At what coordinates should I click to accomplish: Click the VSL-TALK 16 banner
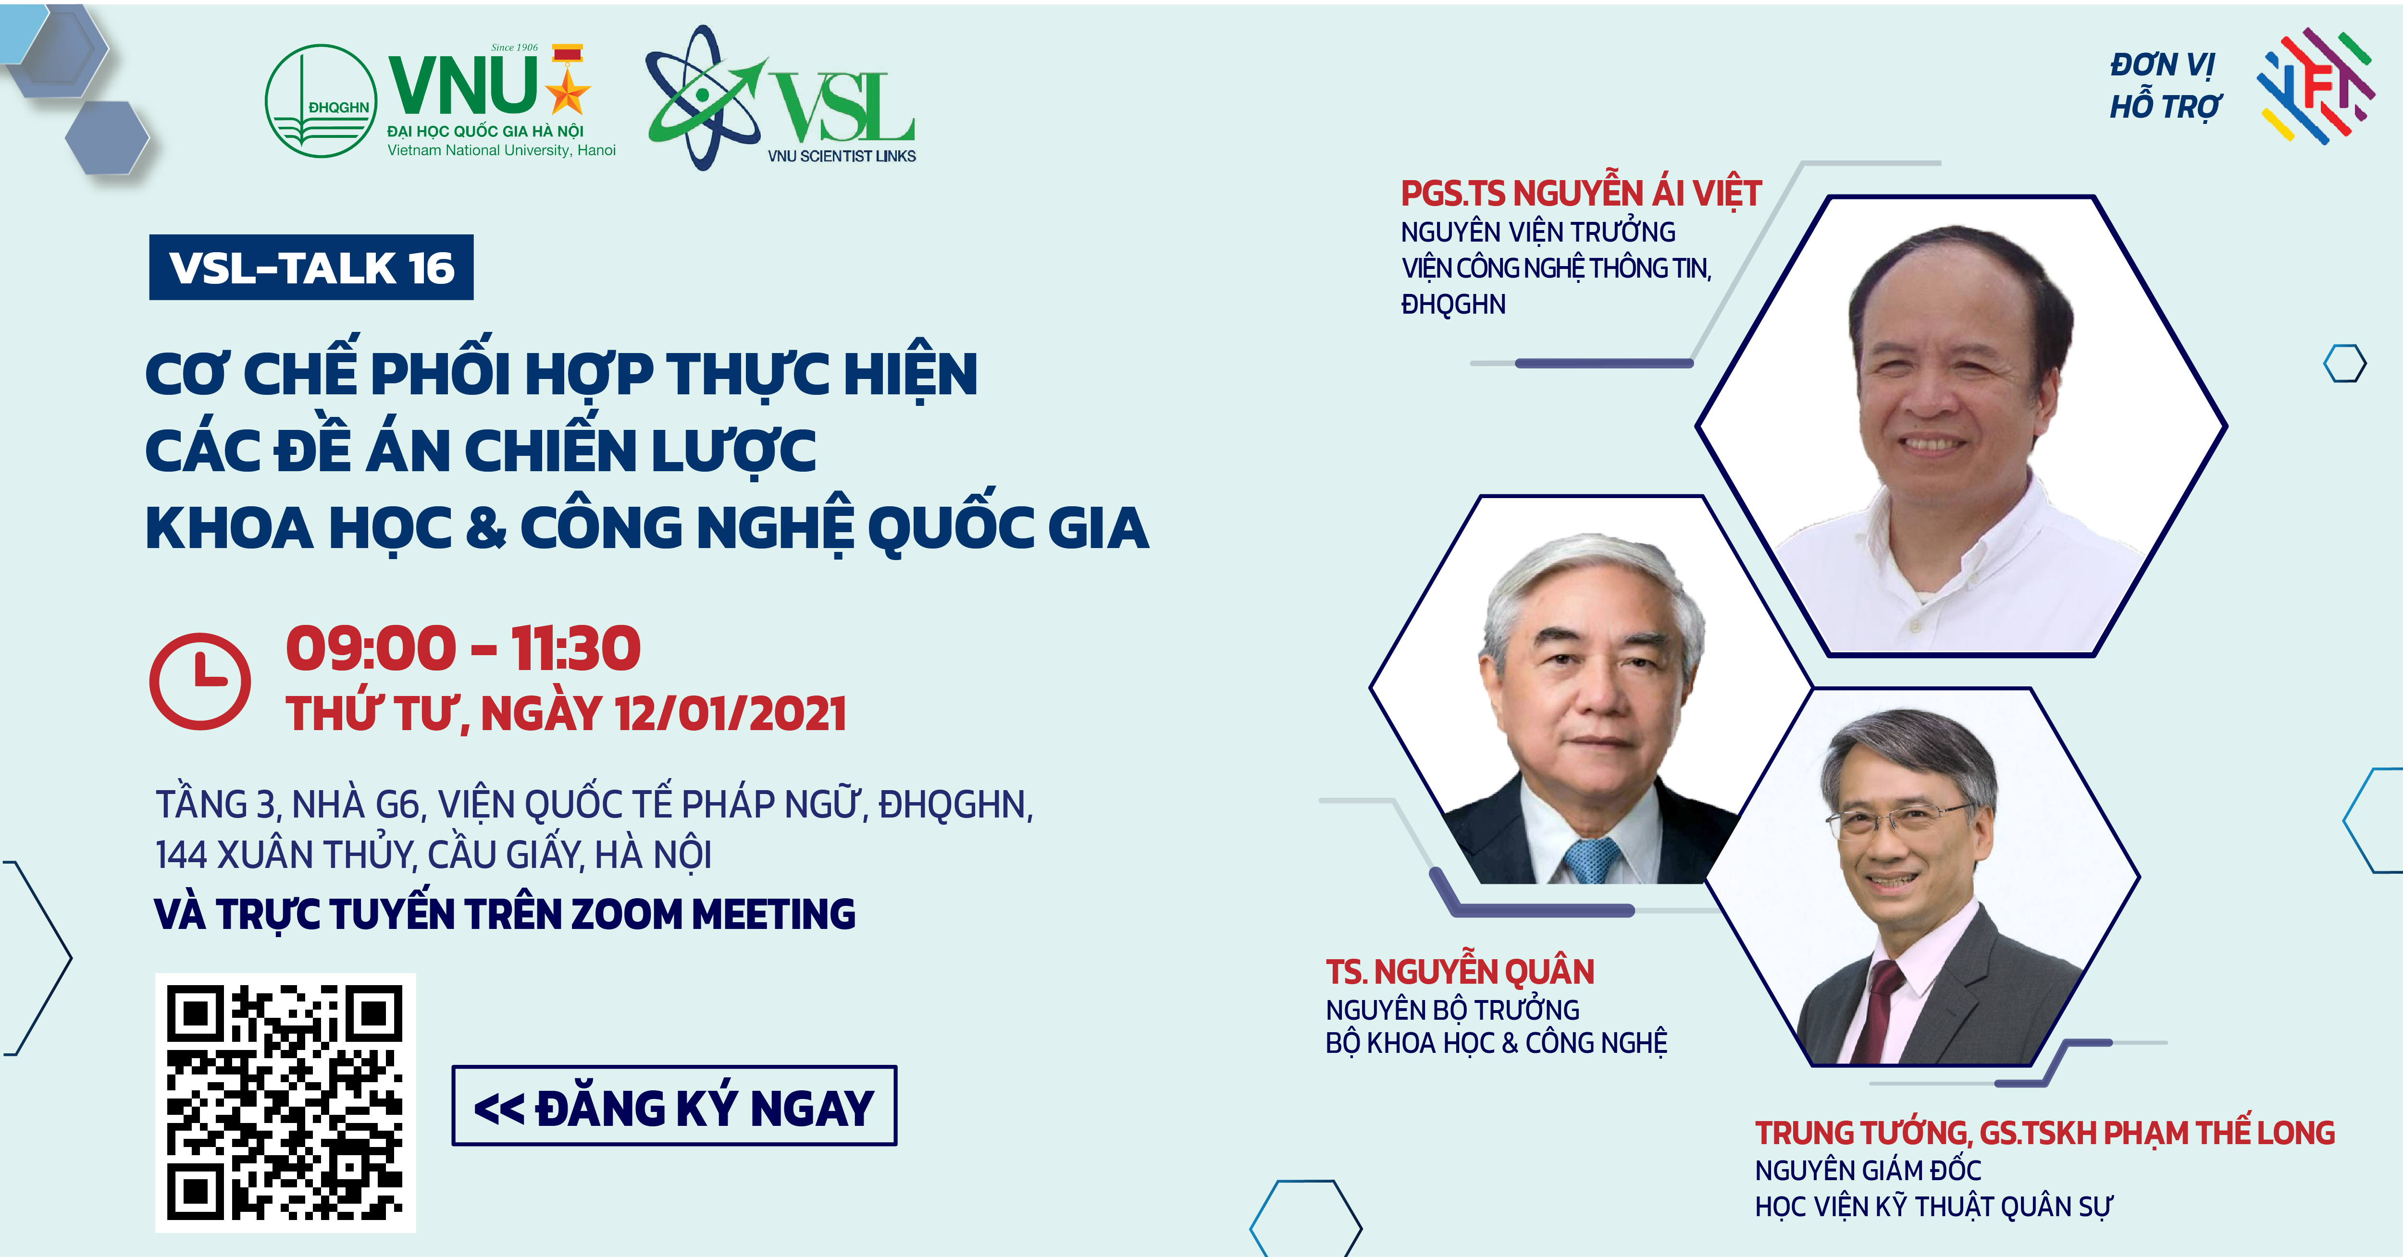311,268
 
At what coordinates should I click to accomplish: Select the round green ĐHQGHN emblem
321,101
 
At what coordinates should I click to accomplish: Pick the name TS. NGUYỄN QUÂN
1460,972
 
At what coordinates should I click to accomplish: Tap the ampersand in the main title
485,528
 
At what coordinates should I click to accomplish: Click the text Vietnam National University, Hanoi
502,150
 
